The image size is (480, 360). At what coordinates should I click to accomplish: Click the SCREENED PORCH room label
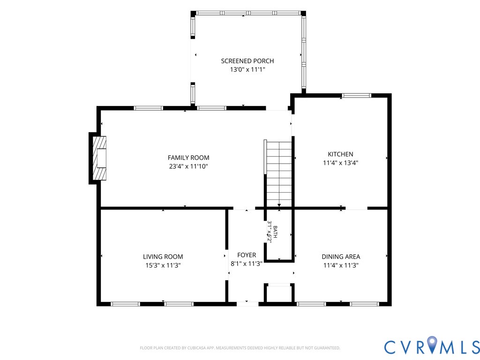click(247, 61)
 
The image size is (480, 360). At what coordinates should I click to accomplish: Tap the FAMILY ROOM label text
click(188, 157)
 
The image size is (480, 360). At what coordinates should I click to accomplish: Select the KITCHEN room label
click(340, 154)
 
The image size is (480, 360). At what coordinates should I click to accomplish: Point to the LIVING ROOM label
click(163, 257)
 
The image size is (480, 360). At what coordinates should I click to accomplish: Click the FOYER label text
click(247, 255)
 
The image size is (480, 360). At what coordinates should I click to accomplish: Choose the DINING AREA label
click(341, 257)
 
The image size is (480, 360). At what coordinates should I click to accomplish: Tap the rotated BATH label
click(275, 232)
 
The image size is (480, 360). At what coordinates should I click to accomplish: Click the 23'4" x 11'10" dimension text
click(188, 166)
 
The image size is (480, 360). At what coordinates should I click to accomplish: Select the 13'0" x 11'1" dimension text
click(247, 69)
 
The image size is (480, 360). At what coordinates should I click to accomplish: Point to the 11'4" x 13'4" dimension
click(340, 163)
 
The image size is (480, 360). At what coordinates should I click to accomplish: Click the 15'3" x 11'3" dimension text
click(163, 265)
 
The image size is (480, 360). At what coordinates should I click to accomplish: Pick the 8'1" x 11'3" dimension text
click(247, 263)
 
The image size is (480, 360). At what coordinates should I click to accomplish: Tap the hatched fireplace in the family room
click(99, 158)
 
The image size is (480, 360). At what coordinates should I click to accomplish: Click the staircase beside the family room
click(278, 173)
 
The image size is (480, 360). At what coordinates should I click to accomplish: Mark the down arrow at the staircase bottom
click(279, 205)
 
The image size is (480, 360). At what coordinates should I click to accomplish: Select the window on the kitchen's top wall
click(356, 96)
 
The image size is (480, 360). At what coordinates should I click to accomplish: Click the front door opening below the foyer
click(247, 304)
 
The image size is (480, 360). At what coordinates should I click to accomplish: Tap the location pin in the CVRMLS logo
click(432, 344)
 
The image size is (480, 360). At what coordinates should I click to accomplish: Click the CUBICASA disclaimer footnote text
click(240, 348)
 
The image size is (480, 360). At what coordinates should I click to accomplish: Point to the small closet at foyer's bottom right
click(279, 294)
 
